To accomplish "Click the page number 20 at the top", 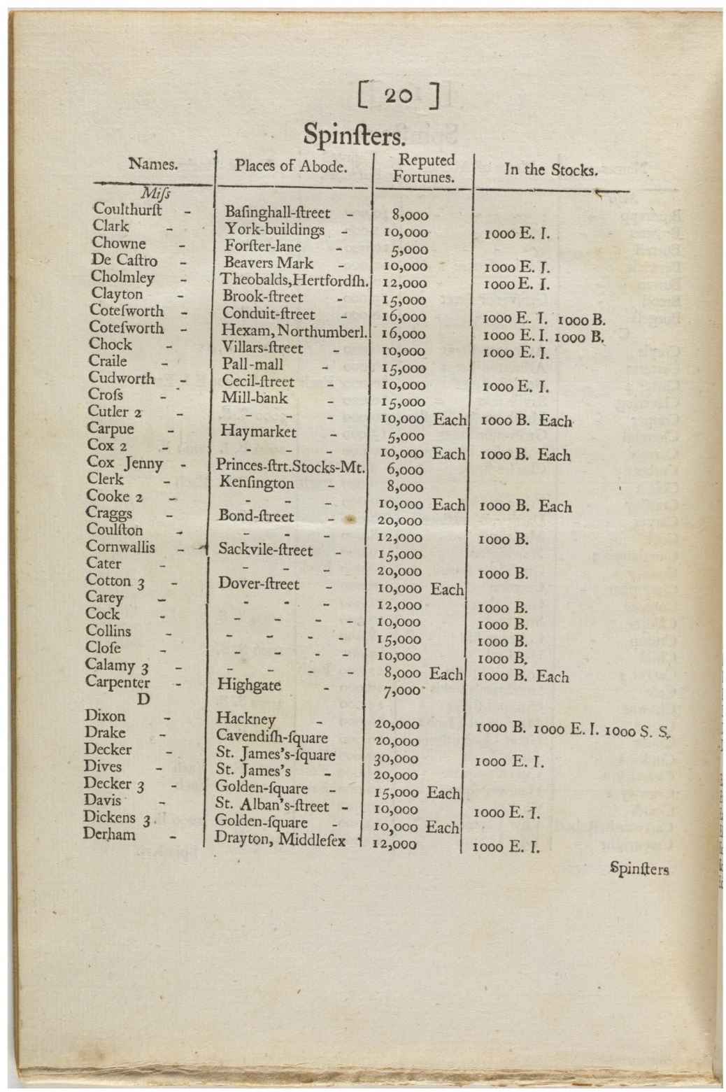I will [397, 96].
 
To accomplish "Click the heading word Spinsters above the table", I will [353, 134].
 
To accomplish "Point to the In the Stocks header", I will [550, 169].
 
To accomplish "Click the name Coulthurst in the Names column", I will [127, 209].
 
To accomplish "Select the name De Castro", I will [124, 261].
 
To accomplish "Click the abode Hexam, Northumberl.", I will [294, 331].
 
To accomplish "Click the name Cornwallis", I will [120, 547].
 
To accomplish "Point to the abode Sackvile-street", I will [266, 550].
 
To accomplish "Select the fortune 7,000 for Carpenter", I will [404, 690].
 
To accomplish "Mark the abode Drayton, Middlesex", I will [280, 839].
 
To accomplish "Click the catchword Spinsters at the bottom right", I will [639, 870].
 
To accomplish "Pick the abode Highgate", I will [250, 684].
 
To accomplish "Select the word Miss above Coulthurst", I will [155, 193].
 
